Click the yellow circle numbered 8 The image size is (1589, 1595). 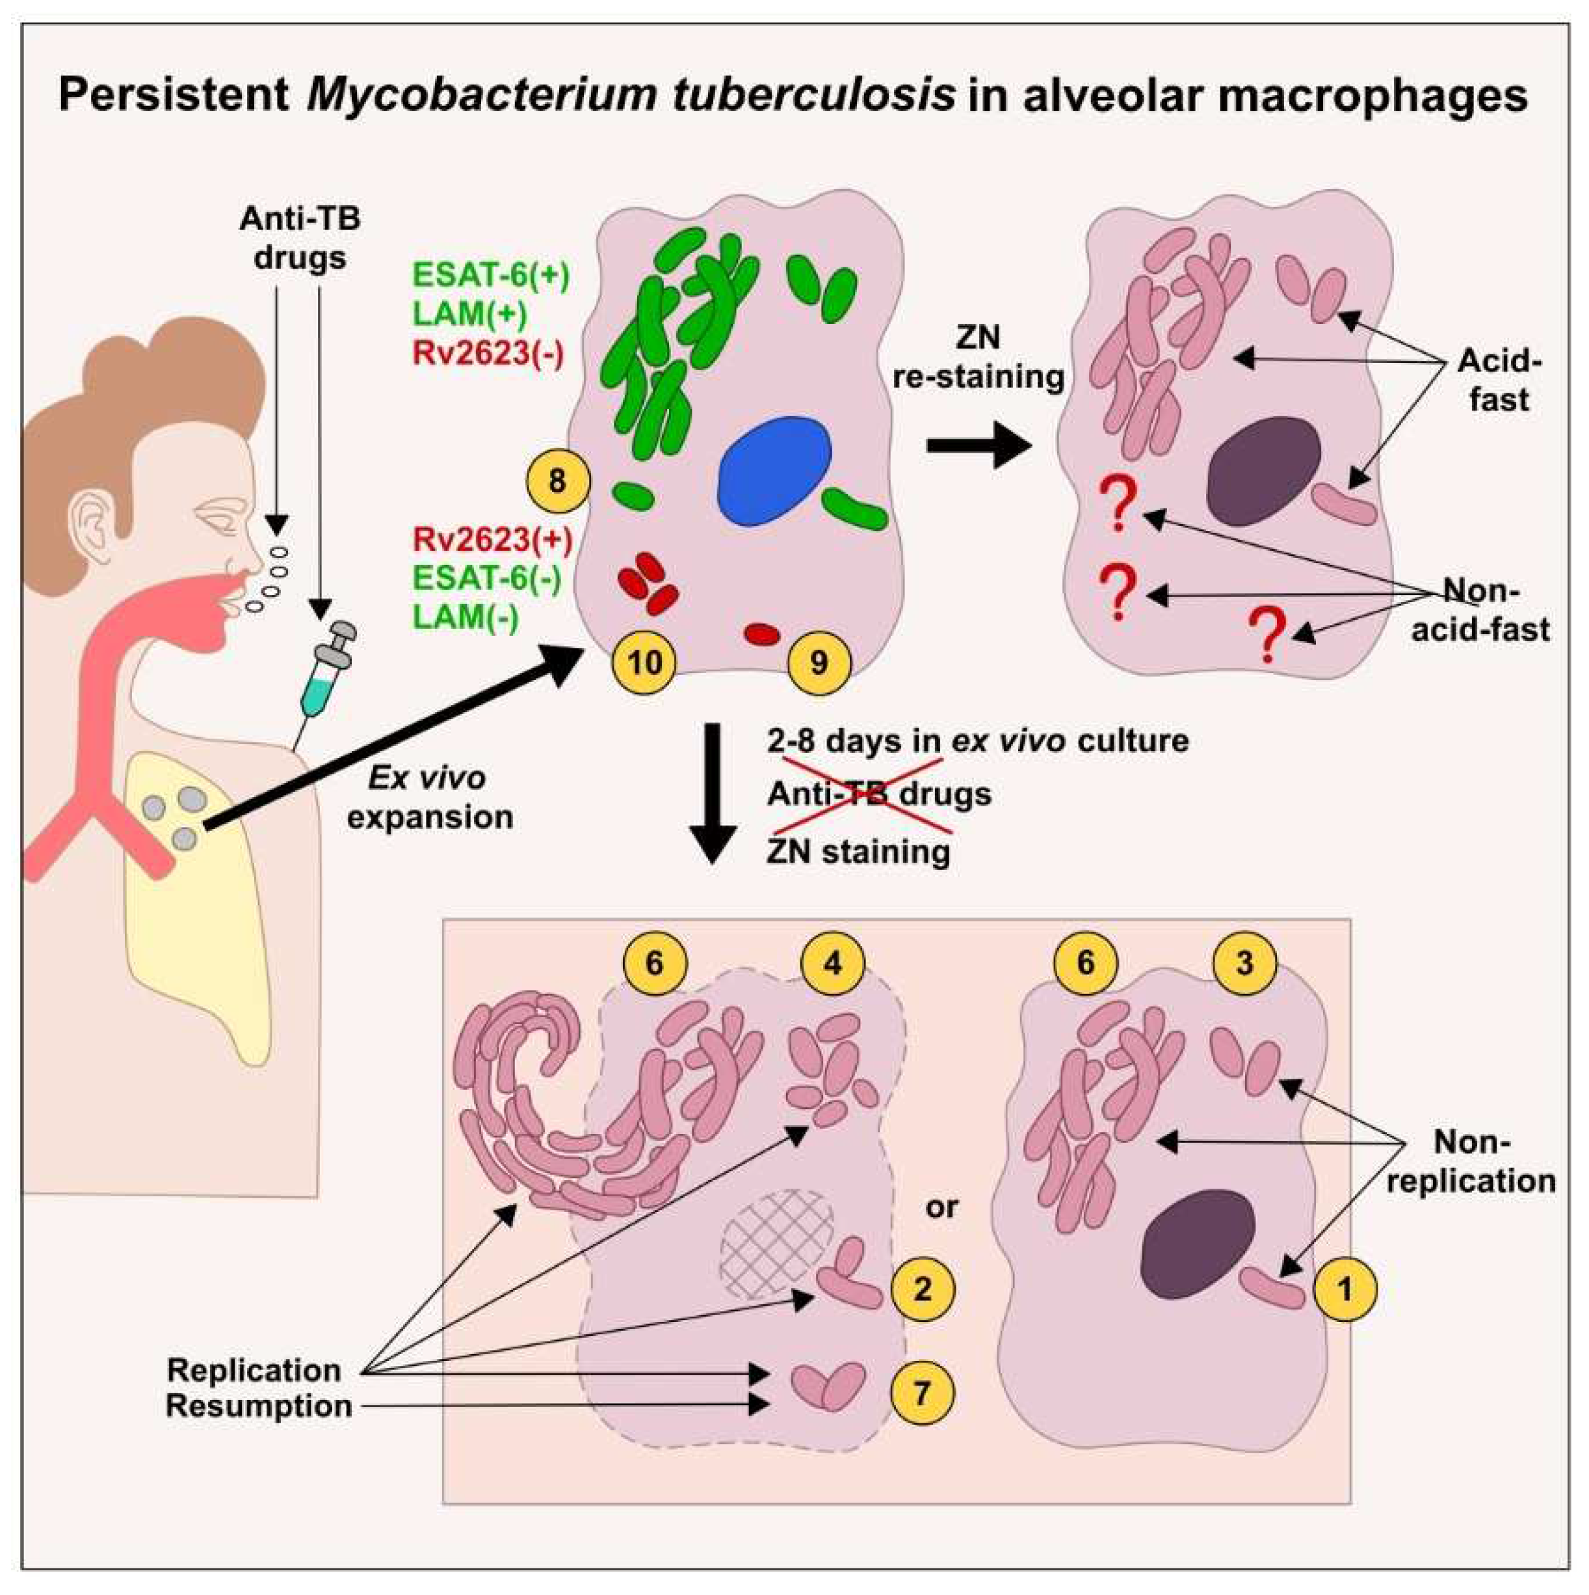557,481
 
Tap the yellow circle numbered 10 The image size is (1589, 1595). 645,662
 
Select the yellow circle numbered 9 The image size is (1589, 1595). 819,662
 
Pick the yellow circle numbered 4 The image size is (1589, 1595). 833,962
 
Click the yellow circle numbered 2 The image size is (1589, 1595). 923,1289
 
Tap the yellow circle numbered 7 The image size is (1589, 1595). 922,1394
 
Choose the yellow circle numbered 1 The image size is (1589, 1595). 1345,1289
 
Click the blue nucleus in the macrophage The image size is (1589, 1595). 775,471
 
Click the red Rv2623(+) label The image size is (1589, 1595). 493,539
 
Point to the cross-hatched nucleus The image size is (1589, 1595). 777,1244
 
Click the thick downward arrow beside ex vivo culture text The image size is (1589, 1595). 711,793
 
